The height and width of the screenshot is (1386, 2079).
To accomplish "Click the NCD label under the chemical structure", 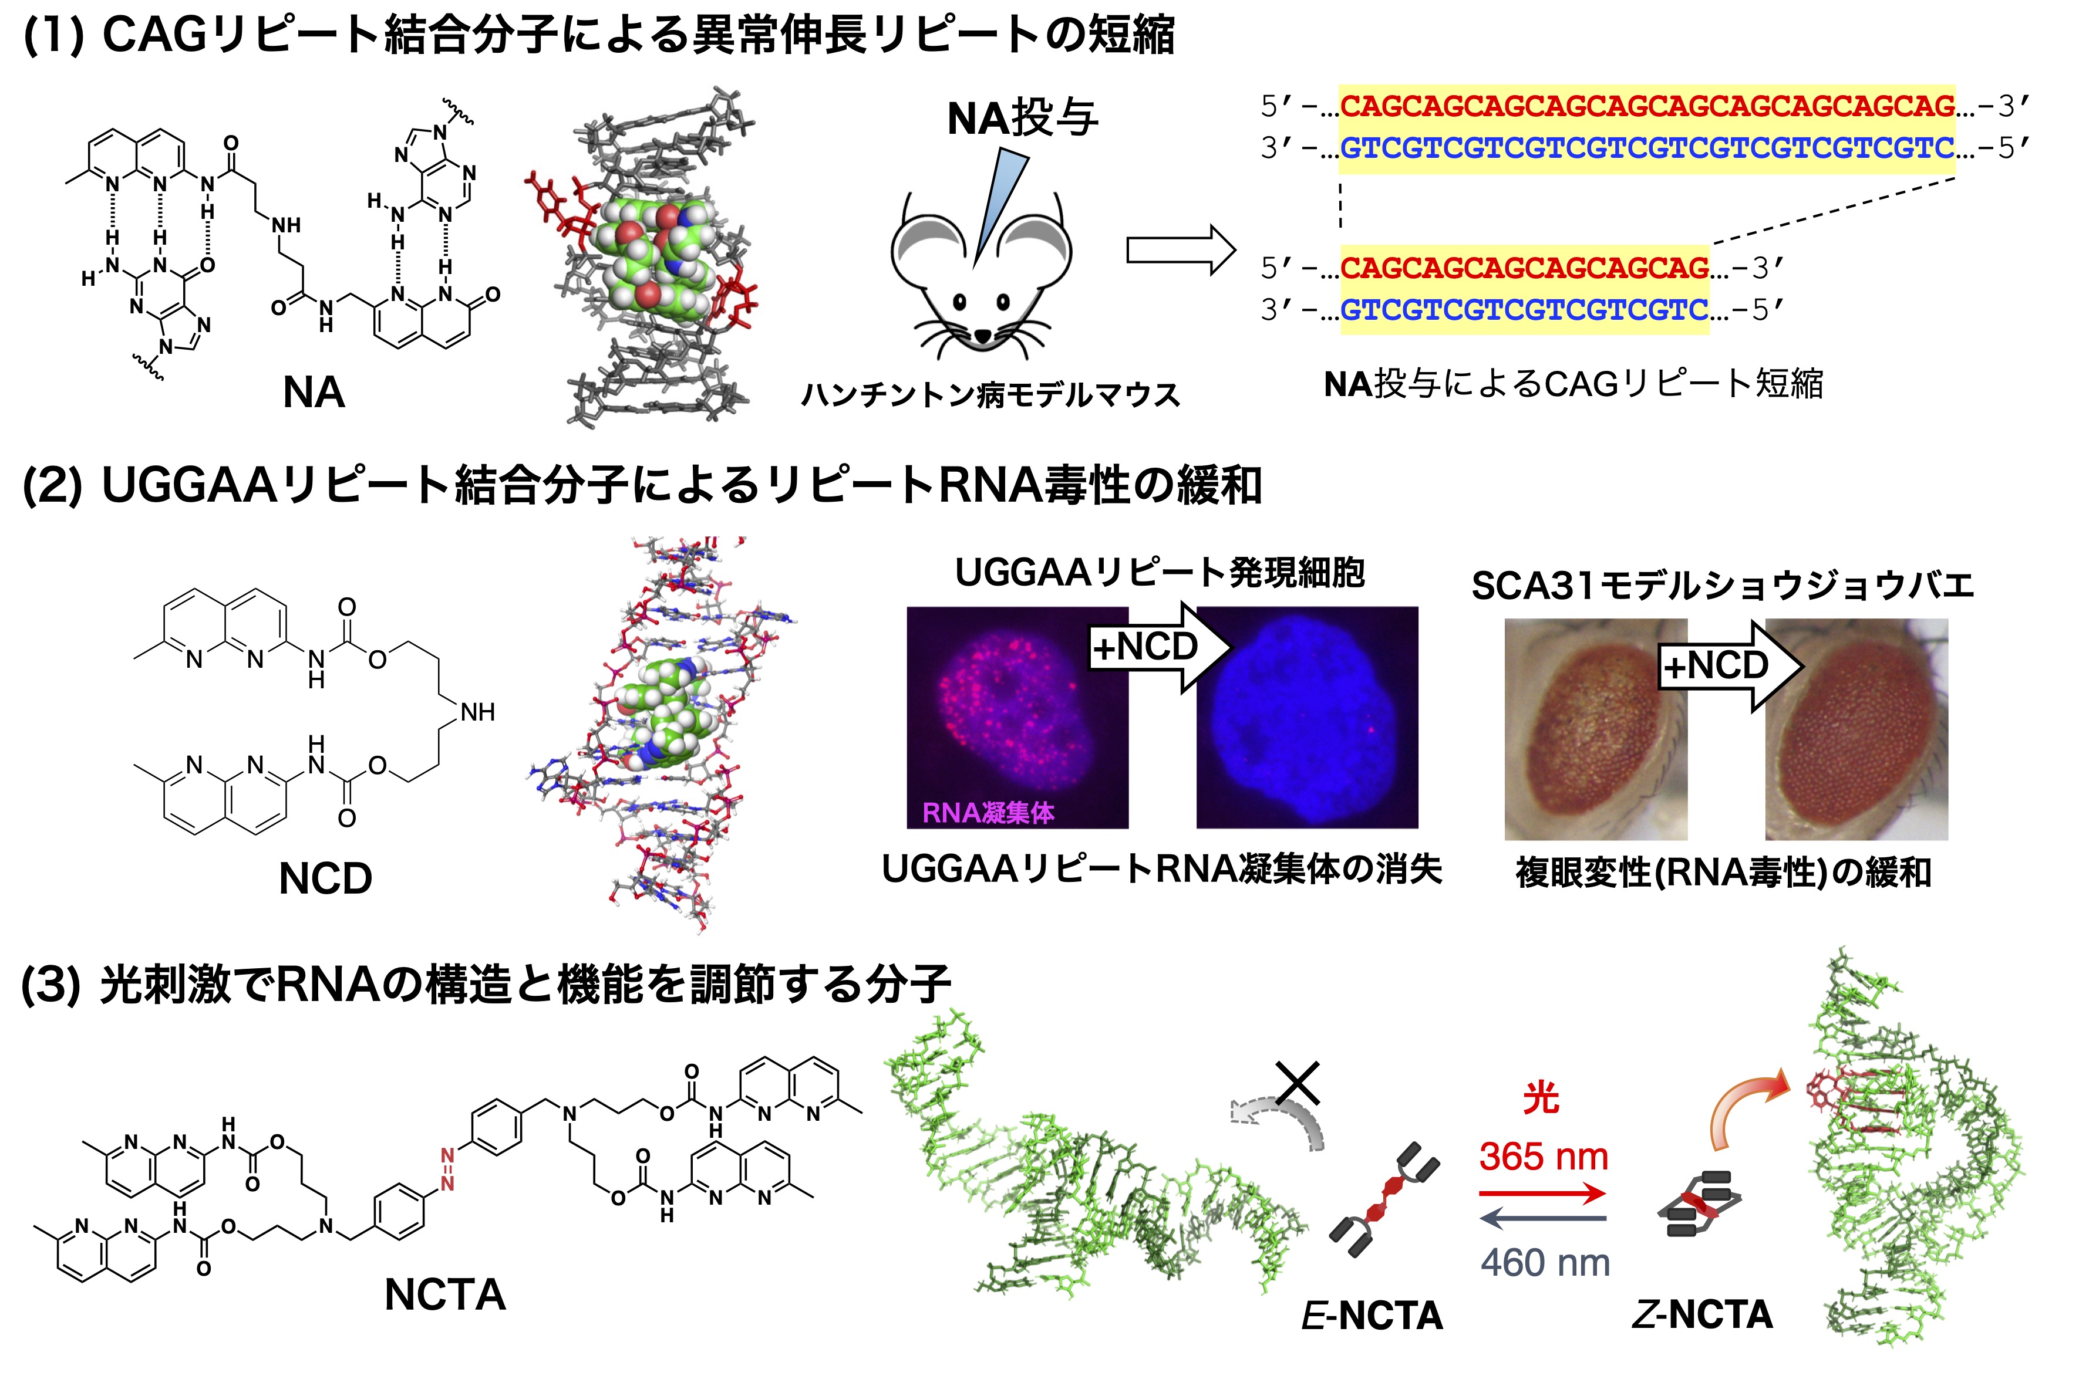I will tap(325, 878).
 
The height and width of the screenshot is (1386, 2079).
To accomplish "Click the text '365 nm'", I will tap(1543, 1156).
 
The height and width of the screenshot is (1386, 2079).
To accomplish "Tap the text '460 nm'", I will tap(1545, 1262).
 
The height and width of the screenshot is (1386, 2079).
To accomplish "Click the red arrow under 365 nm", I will tap(1543, 1194).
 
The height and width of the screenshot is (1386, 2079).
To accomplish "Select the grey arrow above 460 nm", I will tap(1543, 1219).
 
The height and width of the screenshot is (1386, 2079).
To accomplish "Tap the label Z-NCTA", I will tap(1701, 1315).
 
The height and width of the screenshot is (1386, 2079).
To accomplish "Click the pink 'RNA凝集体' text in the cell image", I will tap(988, 812).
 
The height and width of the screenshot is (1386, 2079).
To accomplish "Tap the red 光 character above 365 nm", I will tap(1541, 1098).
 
